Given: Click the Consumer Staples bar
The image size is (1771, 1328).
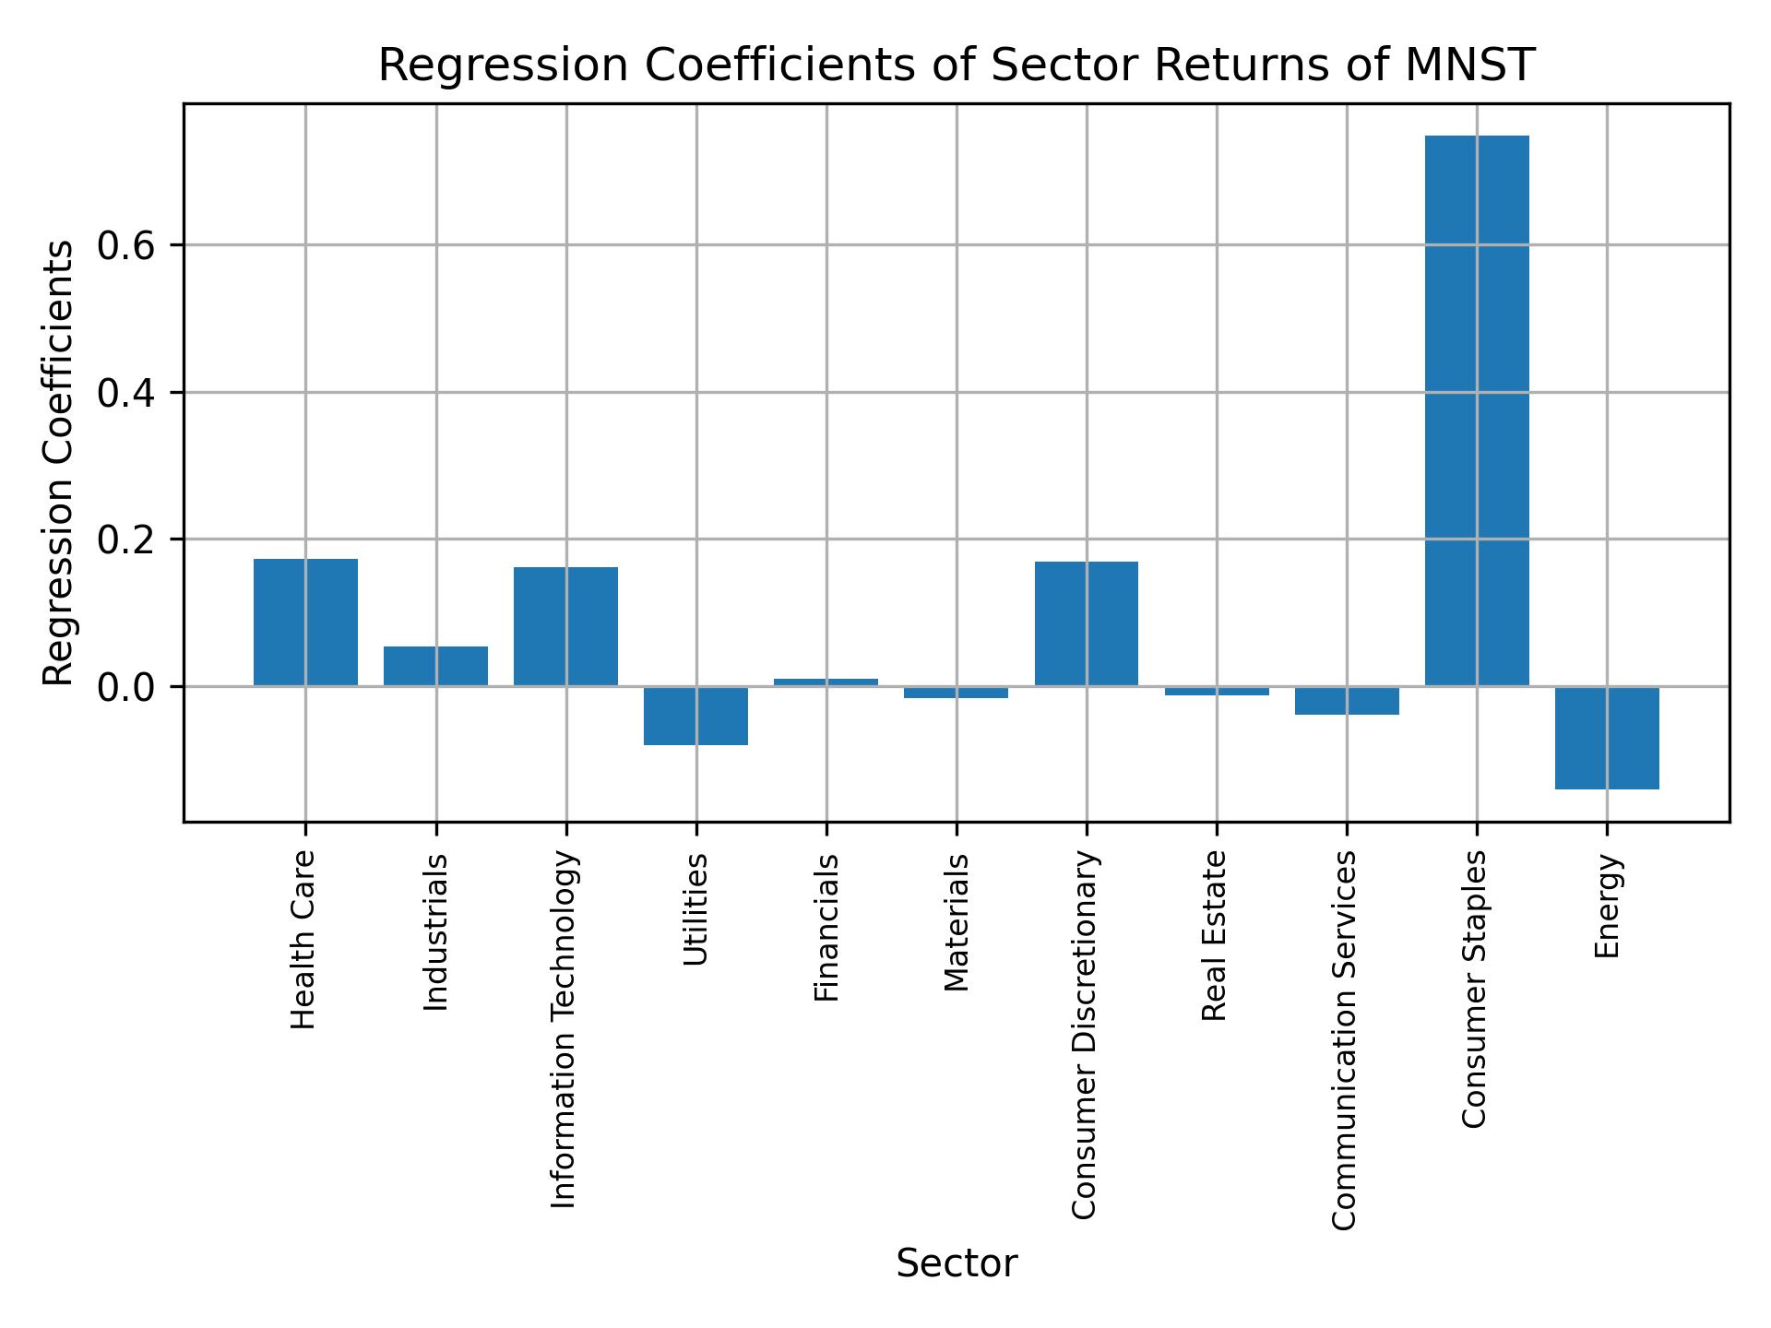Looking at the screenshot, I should click(1477, 410).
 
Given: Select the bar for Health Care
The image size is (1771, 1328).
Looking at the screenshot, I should click(305, 622).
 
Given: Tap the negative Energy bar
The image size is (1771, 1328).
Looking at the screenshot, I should click(1607, 738).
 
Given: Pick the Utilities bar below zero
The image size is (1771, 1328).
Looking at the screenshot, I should click(695, 716).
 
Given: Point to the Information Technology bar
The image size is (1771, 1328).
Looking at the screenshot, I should click(565, 626).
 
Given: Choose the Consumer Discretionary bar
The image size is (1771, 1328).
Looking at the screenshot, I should click(1086, 623).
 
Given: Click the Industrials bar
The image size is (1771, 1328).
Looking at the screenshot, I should click(435, 666).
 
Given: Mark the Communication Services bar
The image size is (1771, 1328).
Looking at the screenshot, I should click(1347, 701).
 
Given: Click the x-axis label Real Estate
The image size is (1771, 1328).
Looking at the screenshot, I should click(1215, 935).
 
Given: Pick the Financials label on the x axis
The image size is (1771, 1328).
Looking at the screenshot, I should click(826, 927).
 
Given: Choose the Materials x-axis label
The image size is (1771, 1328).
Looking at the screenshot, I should click(957, 922).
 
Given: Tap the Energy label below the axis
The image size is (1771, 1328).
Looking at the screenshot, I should click(1607, 906).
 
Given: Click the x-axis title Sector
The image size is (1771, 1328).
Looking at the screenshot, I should click(957, 1264).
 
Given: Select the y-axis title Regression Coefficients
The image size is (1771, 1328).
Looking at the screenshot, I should click(59, 463).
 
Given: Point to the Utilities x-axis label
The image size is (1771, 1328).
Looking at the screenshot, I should click(696, 909).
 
